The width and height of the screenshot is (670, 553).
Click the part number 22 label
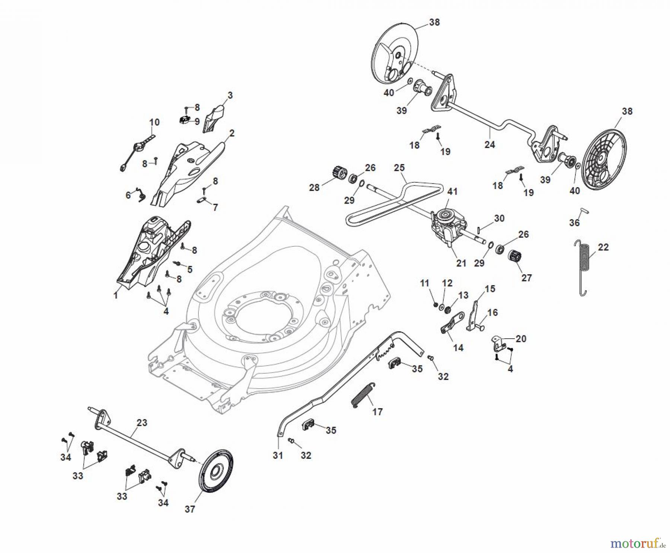click(x=603, y=247)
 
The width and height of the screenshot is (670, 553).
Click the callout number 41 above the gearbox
click(x=452, y=192)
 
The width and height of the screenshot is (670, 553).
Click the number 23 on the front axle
click(x=142, y=423)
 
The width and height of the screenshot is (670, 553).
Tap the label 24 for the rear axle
click(x=489, y=145)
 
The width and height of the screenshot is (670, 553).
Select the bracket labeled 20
click(x=499, y=343)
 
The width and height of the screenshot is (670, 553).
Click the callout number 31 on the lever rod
click(x=278, y=455)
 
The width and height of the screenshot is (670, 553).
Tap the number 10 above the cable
click(x=154, y=122)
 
